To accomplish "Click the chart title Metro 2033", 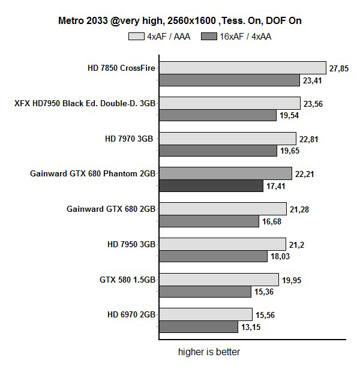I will pyautogui.click(x=179, y=21).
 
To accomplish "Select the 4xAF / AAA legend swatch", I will pyautogui.click(x=136, y=37).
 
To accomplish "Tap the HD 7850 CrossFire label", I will pyautogui.click(x=121, y=68).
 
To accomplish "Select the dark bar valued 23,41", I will pyautogui.click(x=229, y=80).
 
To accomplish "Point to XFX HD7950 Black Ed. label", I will pyautogui.click(x=85, y=103).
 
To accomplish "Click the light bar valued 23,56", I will pyautogui.click(x=229, y=103).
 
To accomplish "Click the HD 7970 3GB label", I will pyautogui.click(x=129, y=139).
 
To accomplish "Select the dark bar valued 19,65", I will pyautogui.click(x=217, y=151).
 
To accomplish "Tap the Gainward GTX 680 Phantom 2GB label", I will pyautogui.click(x=93, y=174).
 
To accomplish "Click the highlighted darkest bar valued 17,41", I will pyautogui.click(x=211, y=186).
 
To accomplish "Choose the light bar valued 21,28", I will pyautogui.click(x=222, y=209).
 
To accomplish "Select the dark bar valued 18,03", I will pyautogui.click(x=212, y=256).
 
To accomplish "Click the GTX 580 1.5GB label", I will pyautogui.click(x=128, y=280).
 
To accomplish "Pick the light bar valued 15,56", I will pyautogui.click(x=205, y=314).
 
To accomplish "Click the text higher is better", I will pyautogui.click(x=209, y=352).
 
